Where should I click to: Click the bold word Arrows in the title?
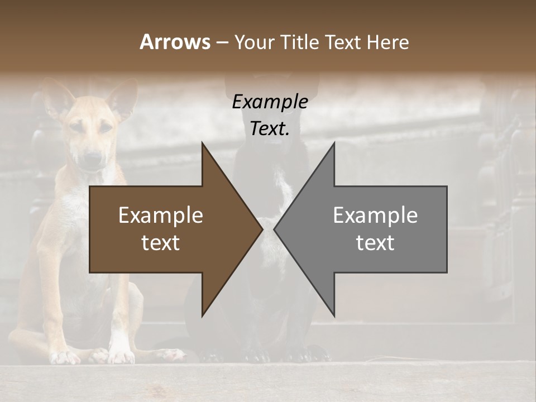pyautogui.click(x=175, y=42)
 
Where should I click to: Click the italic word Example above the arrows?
pyautogui.click(x=270, y=102)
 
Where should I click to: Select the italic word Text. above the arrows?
pyautogui.click(x=270, y=129)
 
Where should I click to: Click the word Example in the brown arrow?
pyautogui.click(x=161, y=216)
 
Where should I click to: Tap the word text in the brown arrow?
pyautogui.click(x=161, y=243)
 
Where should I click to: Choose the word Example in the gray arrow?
pyautogui.click(x=375, y=216)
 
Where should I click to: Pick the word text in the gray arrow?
pyautogui.click(x=375, y=243)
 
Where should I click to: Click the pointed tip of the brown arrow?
pyautogui.click(x=262, y=229)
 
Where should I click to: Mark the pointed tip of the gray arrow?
pyautogui.click(x=274, y=229)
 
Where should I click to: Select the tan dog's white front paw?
pyautogui.click(x=121, y=352)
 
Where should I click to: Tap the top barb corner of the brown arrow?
pyautogui.click(x=202, y=143)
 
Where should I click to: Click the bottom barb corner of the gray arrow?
pyautogui.click(x=334, y=316)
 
